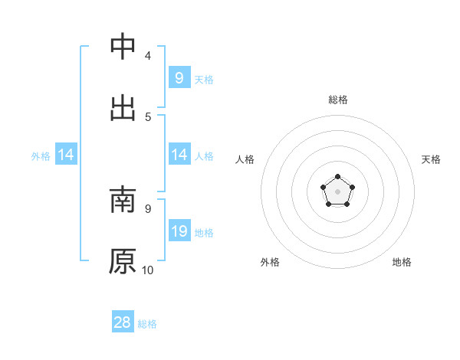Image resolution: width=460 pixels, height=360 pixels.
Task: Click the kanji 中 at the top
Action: point(123,47)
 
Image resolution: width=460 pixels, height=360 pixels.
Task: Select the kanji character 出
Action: point(123,106)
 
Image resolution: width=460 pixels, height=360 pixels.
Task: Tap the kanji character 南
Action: point(123,201)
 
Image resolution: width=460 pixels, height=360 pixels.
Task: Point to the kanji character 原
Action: point(123,260)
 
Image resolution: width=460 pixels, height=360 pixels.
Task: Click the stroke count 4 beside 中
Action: point(148,56)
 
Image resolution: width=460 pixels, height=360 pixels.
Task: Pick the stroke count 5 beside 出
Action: point(148,116)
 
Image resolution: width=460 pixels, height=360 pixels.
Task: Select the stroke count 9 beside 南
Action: point(148,208)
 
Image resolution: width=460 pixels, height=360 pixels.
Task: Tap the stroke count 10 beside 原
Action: point(148,270)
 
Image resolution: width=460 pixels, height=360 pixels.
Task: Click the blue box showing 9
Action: point(179,78)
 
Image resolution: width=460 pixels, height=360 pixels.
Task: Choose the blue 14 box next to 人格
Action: point(179,155)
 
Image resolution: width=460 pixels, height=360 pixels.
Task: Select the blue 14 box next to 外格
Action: point(66,155)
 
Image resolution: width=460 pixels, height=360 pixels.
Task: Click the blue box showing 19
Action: point(179,231)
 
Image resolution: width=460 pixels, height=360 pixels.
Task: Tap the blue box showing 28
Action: point(123,322)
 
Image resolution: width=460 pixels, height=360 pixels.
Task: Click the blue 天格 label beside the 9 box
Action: point(204,80)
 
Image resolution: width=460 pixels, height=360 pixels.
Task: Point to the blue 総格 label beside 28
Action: point(147,324)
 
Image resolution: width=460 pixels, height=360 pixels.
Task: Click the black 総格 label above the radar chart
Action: point(338,100)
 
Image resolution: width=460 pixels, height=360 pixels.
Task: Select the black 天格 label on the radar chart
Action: point(431,159)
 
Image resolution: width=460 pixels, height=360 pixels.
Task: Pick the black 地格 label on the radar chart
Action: point(402,262)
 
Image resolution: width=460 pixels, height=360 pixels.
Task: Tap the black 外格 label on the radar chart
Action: point(270,262)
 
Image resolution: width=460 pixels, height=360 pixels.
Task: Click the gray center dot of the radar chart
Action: point(338,191)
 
